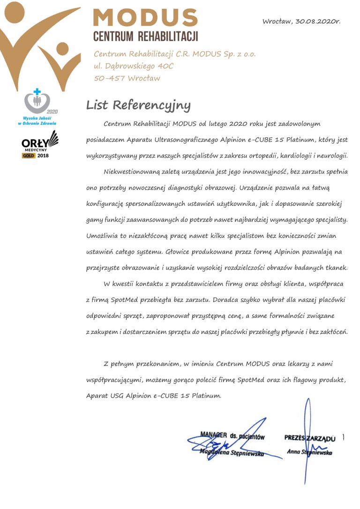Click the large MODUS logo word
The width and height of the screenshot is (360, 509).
tap(145, 17)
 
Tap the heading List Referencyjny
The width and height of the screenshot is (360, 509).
tap(138, 105)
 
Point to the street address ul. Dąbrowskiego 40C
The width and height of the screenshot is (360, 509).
tap(134, 66)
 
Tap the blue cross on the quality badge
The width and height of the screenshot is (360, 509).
tap(37, 91)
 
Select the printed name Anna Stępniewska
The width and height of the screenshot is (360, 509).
tap(309, 452)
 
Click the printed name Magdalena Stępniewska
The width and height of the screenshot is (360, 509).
tap(232, 453)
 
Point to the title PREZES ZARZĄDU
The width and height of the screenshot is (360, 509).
tap(310, 438)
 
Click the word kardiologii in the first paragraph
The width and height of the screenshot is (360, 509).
tap(294, 156)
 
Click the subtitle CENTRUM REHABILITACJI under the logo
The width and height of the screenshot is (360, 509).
tap(145, 36)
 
